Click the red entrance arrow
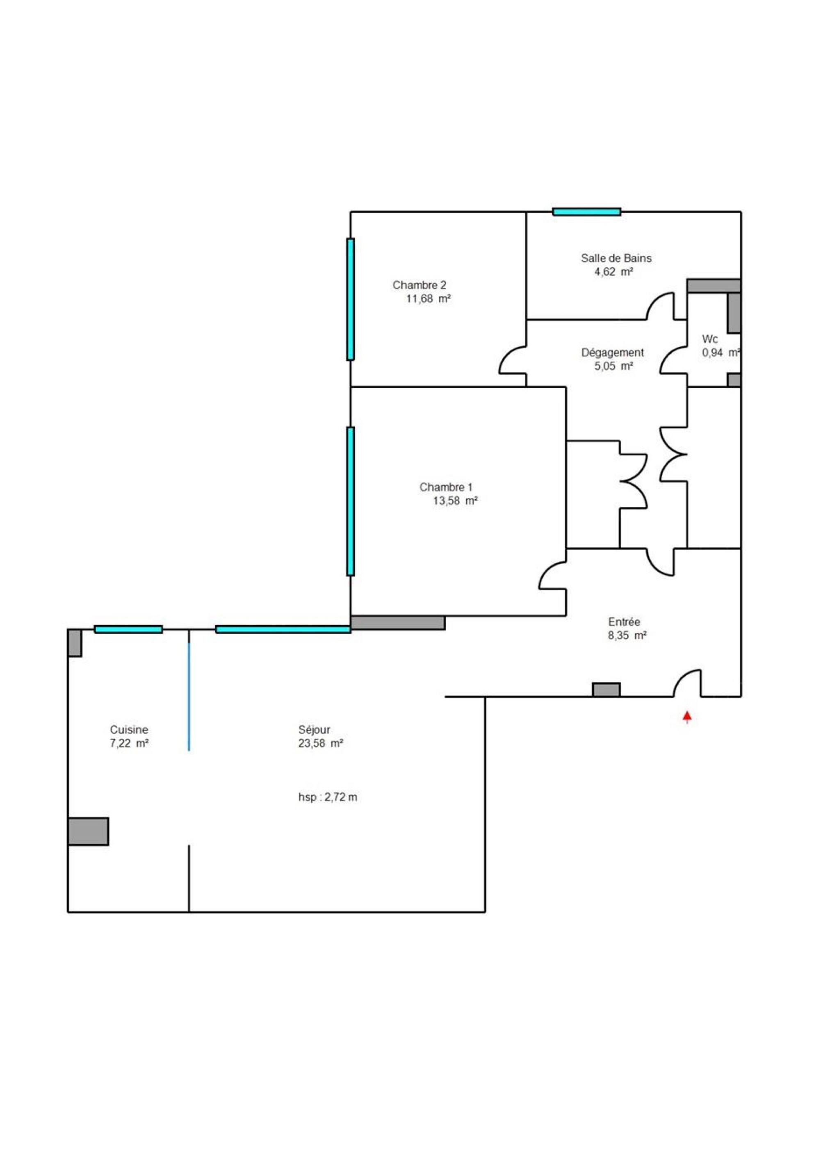click(x=687, y=717)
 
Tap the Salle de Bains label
click(x=616, y=258)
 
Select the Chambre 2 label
click(x=420, y=285)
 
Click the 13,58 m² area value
click(x=455, y=501)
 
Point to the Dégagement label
click(x=612, y=353)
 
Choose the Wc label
click(x=710, y=339)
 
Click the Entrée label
click(x=624, y=622)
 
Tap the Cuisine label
click(x=129, y=730)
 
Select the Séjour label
click(x=314, y=730)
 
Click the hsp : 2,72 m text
click(x=327, y=797)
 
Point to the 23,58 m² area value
click(x=321, y=743)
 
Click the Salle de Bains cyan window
click(x=586, y=212)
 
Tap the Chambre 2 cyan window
click(x=350, y=299)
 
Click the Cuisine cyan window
click(x=128, y=630)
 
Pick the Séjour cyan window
click(x=283, y=630)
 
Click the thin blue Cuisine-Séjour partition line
click(x=189, y=697)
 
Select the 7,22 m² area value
click(x=129, y=743)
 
